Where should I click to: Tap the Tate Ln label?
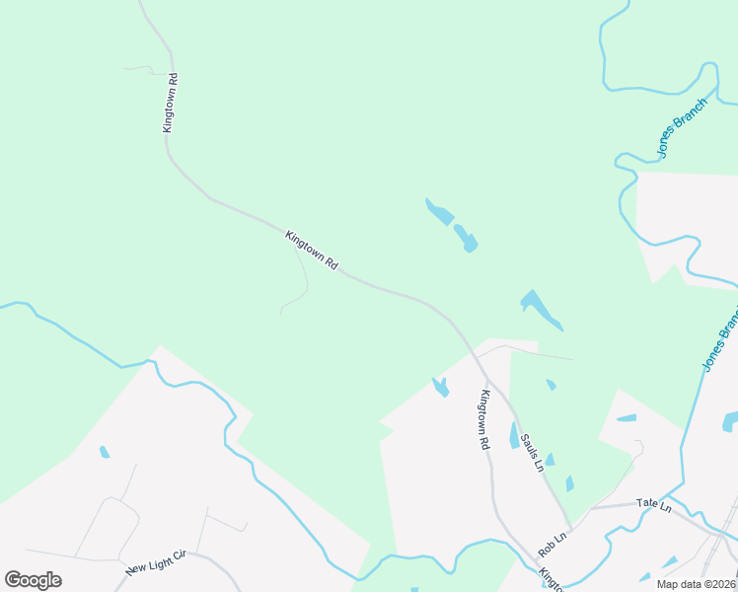click(x=653, y=505)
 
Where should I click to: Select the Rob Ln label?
click(x=553, y=543)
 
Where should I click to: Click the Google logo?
click(x=33, y=579)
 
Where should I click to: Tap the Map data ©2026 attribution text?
click(x=697, y=584)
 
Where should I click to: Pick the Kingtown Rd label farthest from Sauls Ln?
click(x=170, y=103)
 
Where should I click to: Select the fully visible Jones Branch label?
click(x=683, y=128)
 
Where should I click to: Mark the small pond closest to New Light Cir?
click(x=104, y=452)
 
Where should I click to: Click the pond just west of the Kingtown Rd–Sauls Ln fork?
click(x=440, y=387)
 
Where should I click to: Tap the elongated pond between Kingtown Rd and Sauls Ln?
click(x=514, y=435)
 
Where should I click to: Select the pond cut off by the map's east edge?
click(x=730, y=422)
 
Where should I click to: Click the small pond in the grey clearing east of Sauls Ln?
click(x=627, y=418)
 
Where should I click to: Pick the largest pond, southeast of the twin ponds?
click(x=541, y=309)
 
